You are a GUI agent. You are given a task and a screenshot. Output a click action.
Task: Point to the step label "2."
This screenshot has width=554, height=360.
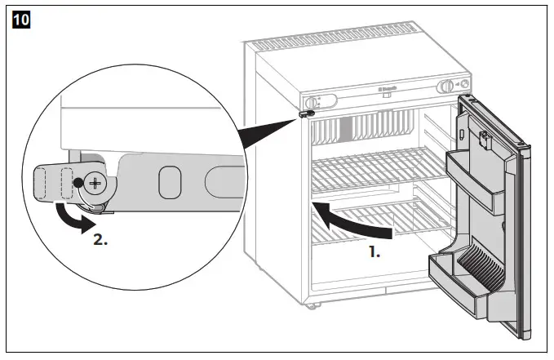pos(97,242)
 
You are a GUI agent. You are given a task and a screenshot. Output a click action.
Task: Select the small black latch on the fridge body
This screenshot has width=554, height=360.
pos(308,115)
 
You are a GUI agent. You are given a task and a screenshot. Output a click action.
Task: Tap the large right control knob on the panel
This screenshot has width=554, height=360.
pos(446,87)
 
